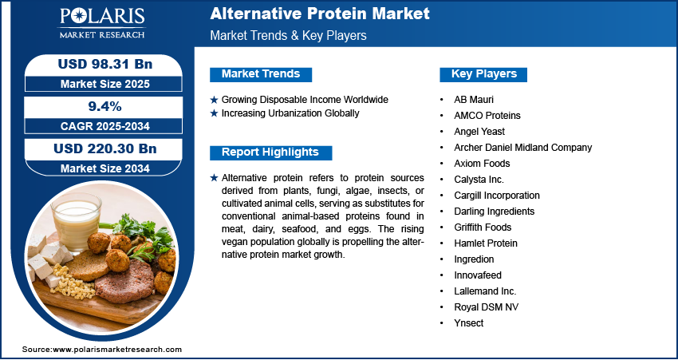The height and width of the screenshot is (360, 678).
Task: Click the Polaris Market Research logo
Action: coord(102,22)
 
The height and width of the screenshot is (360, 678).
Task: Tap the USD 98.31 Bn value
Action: coord(105,64)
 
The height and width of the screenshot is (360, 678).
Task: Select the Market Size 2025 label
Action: coord(105,84)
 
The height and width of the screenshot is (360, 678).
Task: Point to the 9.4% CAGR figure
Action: coord(105,106)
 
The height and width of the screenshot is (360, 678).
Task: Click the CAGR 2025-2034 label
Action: coord(105,126)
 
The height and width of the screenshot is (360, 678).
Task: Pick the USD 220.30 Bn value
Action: coord(105,148)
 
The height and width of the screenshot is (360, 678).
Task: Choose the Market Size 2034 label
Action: coord(105,168)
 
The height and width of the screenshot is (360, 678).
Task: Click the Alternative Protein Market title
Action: coord(320,14)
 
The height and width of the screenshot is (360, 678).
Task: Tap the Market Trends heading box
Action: coord(261,74)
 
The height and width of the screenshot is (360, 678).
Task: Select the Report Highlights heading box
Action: coord(270,152)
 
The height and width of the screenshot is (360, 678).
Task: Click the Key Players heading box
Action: coord(483,74)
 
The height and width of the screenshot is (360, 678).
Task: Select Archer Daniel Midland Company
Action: coord(522,148)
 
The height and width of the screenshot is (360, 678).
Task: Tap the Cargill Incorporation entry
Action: coord(497,196)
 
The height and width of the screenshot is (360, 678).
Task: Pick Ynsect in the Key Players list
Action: coord(469,323)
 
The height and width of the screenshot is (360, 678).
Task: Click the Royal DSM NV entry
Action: coord(486,307)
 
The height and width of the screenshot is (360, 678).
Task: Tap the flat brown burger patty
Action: coord(125,281)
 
